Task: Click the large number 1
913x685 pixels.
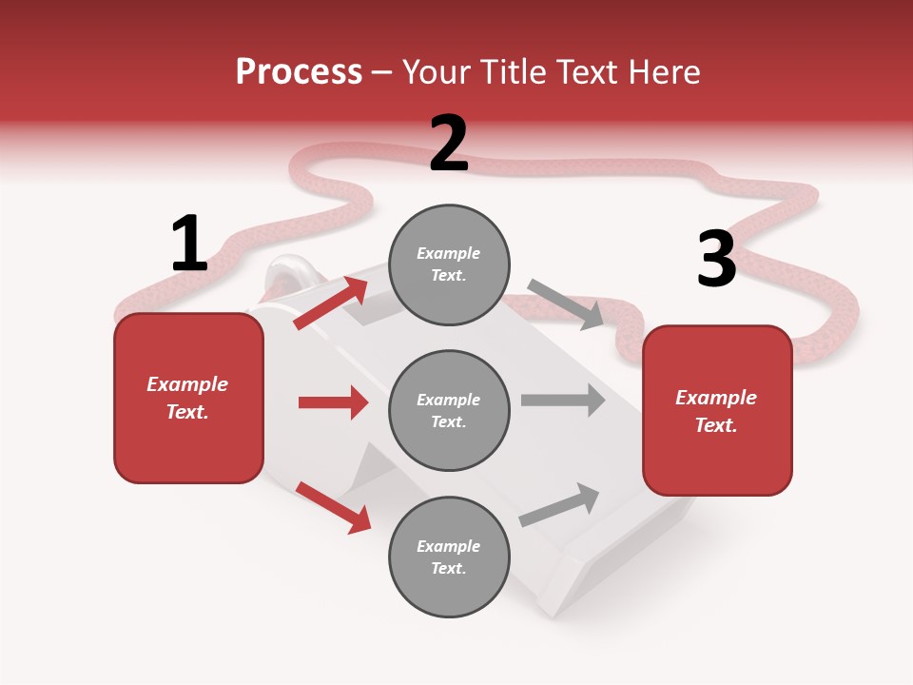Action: tap(189, 244)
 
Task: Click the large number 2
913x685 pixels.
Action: tap(449, 144)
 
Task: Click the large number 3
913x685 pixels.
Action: tap(716, 260)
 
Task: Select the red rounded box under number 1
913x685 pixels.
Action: tap(188, 398)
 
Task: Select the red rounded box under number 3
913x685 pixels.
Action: tap(717, 411)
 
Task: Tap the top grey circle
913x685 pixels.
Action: tap(449, 264)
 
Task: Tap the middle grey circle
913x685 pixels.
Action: tap(449, 410)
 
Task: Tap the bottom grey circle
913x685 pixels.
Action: tap(449, 557)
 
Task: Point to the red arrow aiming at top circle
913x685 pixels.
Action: tap(331, 303)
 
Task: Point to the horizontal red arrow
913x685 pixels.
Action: tap(333, 402)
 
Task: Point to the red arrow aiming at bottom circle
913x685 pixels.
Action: tap(333, 506)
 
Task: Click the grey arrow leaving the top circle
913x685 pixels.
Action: tap(565, 303)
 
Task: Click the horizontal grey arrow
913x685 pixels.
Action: tap(562, 400)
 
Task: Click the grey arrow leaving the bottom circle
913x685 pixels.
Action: tap(559, 505)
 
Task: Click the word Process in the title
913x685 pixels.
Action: tap(299, 72)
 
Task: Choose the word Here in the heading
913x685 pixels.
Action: tap(665, 72)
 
